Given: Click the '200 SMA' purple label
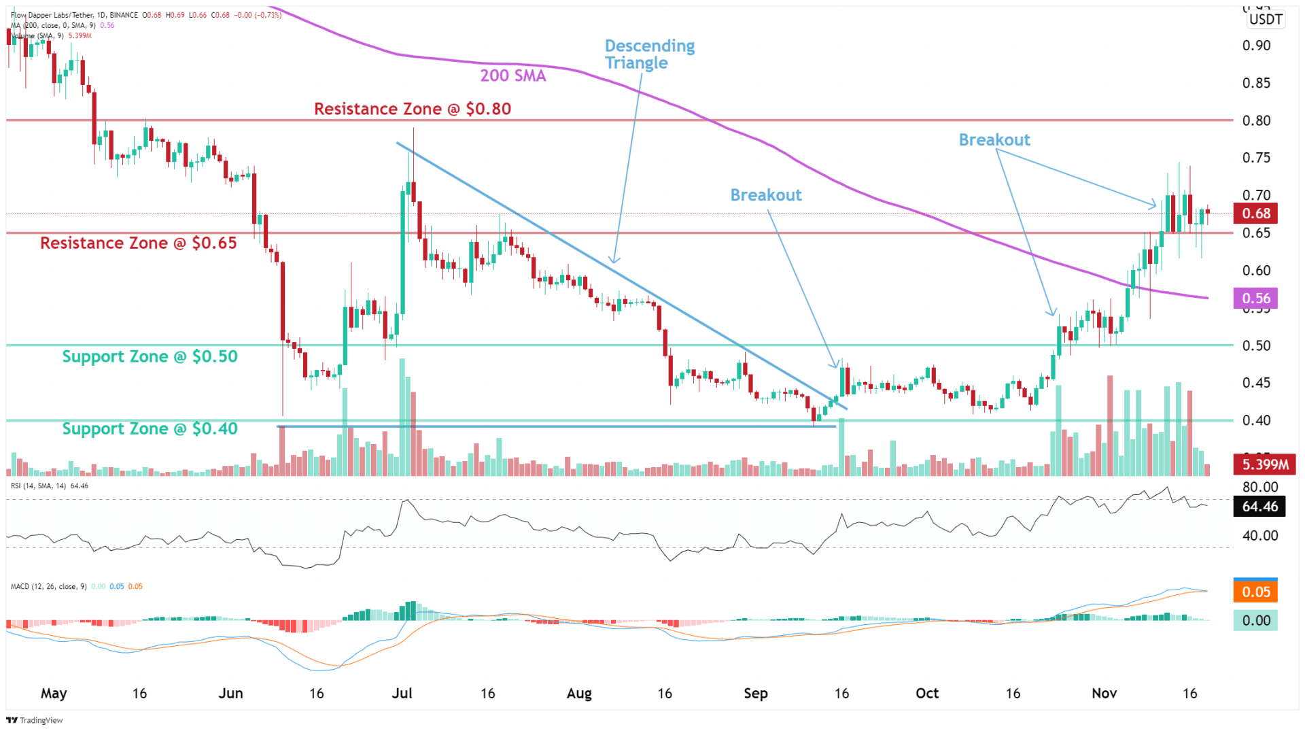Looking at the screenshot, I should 512,75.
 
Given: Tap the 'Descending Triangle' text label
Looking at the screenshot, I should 649,54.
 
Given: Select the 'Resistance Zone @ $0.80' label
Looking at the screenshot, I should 412,109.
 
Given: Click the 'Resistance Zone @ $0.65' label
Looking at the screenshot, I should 139,243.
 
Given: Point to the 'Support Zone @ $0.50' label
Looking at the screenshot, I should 150,356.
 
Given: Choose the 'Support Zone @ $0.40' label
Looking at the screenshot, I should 150,428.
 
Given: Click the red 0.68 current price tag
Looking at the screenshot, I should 1255,214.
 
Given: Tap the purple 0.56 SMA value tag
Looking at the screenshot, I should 1255,299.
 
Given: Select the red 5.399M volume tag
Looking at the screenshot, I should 1264,464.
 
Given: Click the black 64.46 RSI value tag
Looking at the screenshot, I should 1259,507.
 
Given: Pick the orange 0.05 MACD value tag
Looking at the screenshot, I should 1255,592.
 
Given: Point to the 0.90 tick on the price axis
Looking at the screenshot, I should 1256,46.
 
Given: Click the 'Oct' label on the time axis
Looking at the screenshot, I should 926,693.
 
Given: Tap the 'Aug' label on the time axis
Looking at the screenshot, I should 579,693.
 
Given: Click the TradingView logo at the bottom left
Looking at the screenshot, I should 35,720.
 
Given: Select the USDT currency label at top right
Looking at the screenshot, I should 1266,19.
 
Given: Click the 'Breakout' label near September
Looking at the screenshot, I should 766,195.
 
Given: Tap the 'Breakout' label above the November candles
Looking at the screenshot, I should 994,140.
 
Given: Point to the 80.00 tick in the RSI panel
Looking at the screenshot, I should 1259,487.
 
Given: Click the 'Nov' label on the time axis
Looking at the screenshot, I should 1104,693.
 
